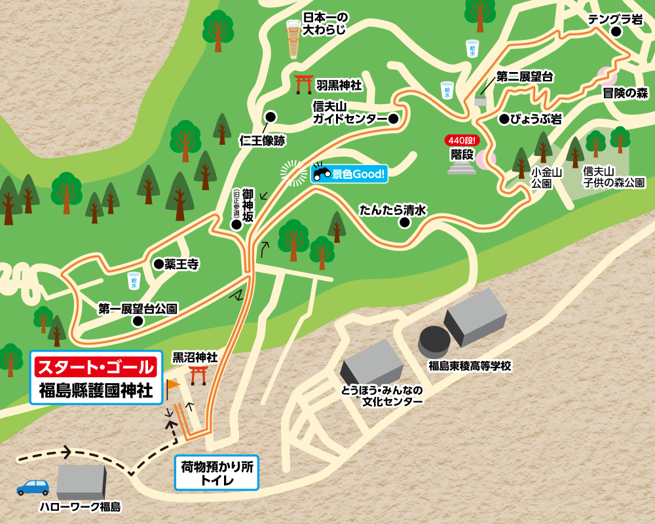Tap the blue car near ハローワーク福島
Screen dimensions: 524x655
(33, 487)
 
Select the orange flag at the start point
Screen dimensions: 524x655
(173, 385)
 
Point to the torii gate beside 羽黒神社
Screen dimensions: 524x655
(303, 84)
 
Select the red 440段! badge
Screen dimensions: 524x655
(462, 140)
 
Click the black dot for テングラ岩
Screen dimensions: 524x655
(616, 31)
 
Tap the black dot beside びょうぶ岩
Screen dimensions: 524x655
(504, 119)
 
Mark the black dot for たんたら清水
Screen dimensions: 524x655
(404, 222)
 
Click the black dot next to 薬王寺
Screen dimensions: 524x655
(158, 264)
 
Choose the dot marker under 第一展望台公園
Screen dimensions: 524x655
(138, 321)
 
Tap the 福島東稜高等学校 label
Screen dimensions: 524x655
(470, 366)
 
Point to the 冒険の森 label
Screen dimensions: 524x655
(625, 93)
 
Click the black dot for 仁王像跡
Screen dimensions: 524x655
(270, 117)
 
